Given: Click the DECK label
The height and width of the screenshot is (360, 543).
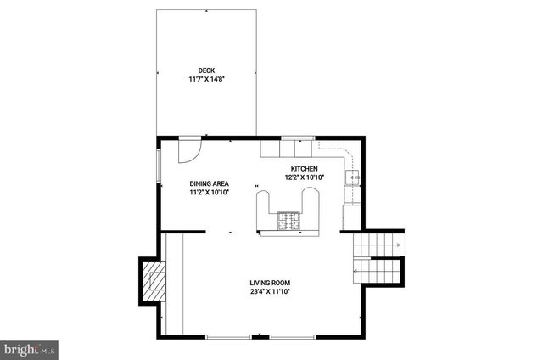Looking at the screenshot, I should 206,70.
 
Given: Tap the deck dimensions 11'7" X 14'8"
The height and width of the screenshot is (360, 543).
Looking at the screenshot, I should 206,79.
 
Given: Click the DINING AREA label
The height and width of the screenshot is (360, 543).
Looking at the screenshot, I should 210,183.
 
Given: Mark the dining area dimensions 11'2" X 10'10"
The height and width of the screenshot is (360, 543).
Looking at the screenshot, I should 210,193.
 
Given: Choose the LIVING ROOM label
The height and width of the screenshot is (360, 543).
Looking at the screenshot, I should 270,283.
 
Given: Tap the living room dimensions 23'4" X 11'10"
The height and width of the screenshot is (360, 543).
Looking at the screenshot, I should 270,292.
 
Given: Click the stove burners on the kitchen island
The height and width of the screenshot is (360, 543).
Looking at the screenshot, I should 288,222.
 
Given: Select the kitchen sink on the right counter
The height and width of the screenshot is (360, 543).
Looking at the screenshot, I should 352,178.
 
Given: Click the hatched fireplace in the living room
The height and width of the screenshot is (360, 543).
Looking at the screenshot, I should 154,280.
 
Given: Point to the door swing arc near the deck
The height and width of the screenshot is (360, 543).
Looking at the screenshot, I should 190,151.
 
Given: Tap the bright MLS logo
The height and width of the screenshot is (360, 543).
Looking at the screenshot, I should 30,348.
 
